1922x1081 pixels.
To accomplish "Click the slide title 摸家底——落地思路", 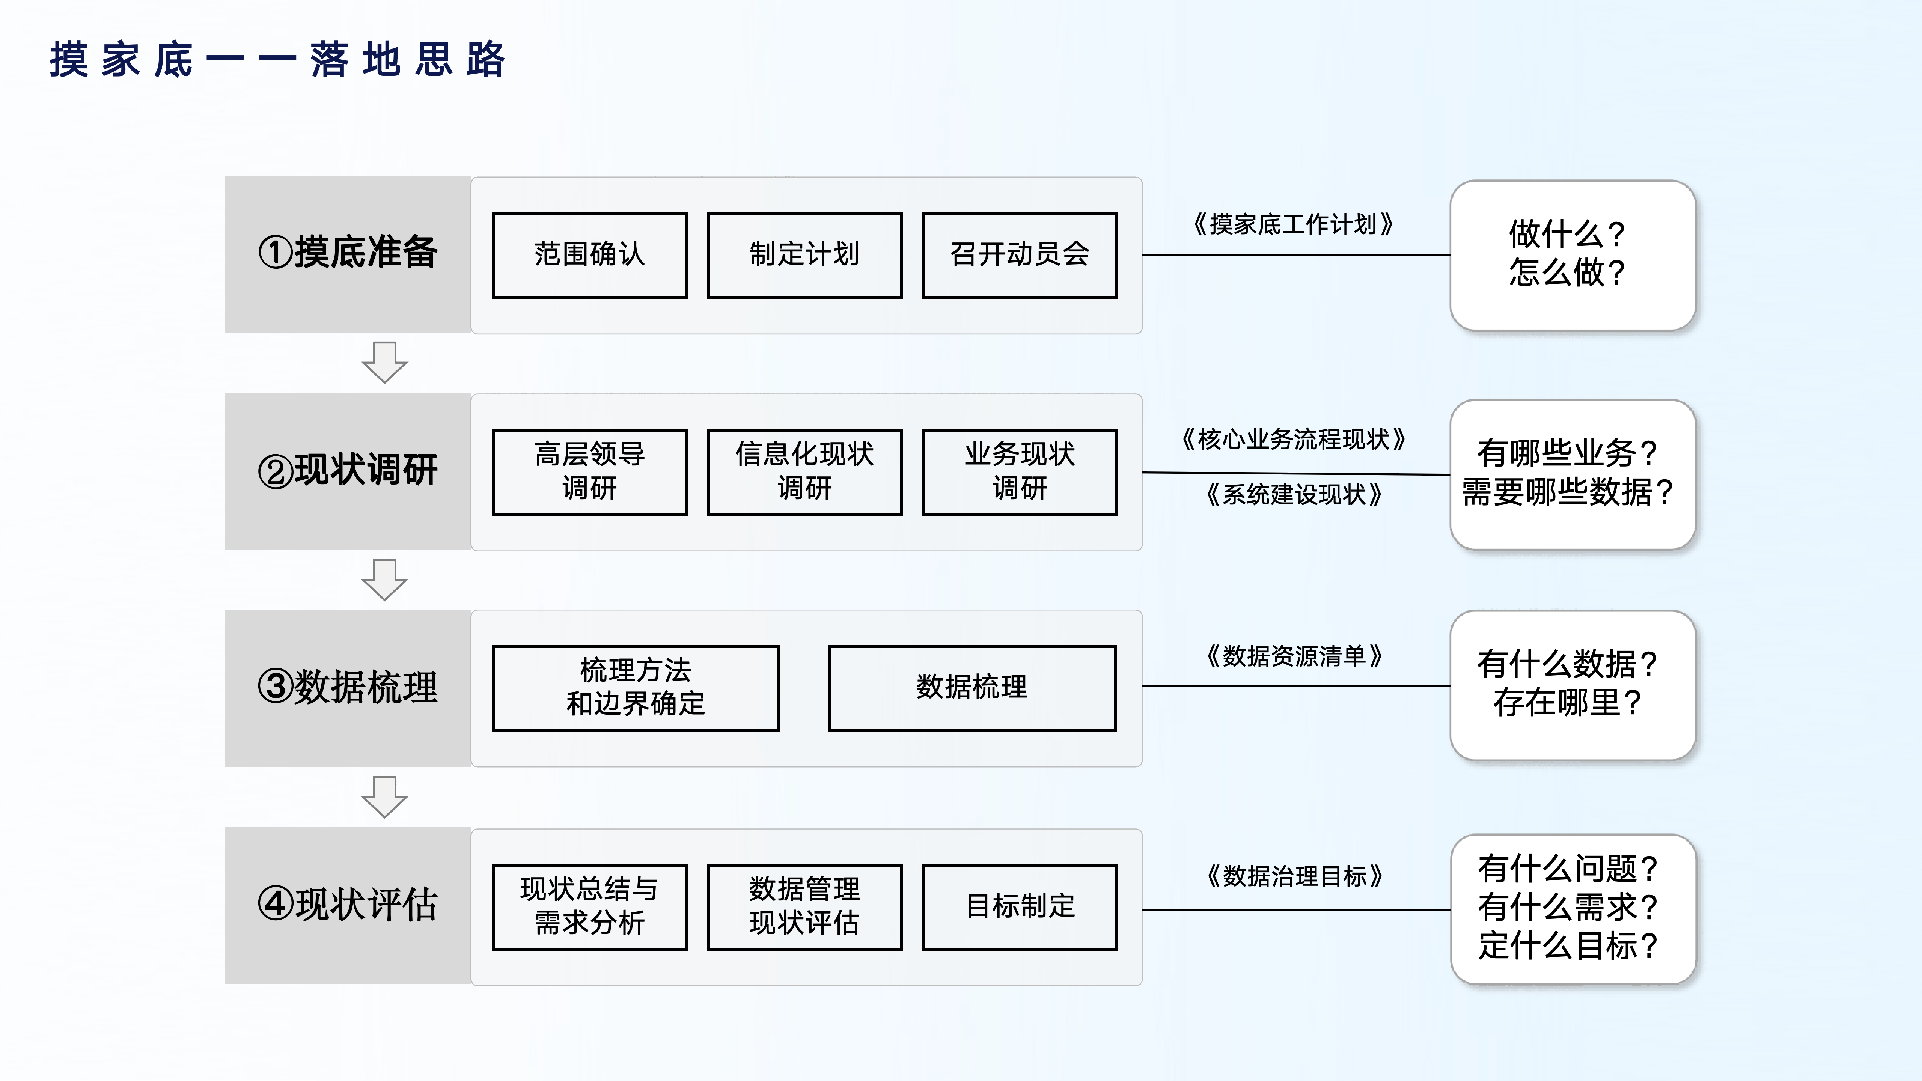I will tap(277, 60).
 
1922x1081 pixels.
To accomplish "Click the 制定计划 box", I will tap(804, 255).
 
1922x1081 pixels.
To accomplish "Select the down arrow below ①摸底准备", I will tap(384, 363).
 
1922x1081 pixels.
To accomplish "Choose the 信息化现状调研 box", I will tap(804, 471).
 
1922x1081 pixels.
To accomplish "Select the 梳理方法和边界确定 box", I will tap(636, 687).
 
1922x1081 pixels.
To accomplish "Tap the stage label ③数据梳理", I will tap(348, 687).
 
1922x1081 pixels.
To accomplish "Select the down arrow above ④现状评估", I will tap(384, 797).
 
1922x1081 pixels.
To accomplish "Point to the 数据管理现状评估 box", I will tap(804, 906).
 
